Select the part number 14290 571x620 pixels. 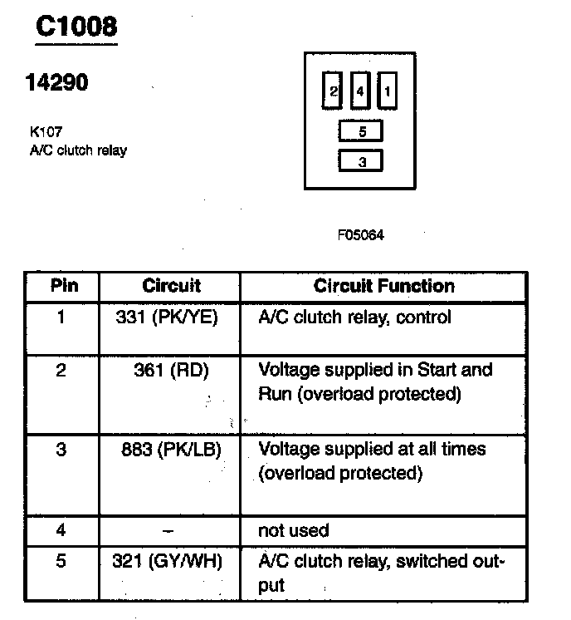pos(57,83)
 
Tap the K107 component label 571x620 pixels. pos(45,131)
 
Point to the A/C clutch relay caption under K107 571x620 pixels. pos(77,150)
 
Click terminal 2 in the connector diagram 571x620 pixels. pos(333,91)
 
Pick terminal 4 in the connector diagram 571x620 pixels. pos(359,91)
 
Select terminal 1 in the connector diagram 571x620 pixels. pos(386,91)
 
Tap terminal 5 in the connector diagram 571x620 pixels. pos(362,131)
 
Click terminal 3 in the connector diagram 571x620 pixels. pos(362,161)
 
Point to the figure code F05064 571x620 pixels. pos(361,235)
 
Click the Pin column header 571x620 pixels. pos(65,286)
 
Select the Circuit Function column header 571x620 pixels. pos(383,286)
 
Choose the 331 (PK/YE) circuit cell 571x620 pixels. pos(169,317)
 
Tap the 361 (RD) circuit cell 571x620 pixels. pos(169,370)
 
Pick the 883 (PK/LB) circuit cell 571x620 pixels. pos(170,450)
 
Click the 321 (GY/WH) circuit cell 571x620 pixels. pos(168,561)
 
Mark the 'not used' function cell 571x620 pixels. pos(294,530)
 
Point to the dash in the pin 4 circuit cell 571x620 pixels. pos(169,530)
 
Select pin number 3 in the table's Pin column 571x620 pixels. pos(61,450)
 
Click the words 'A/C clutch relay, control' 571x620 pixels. pos(355,317)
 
